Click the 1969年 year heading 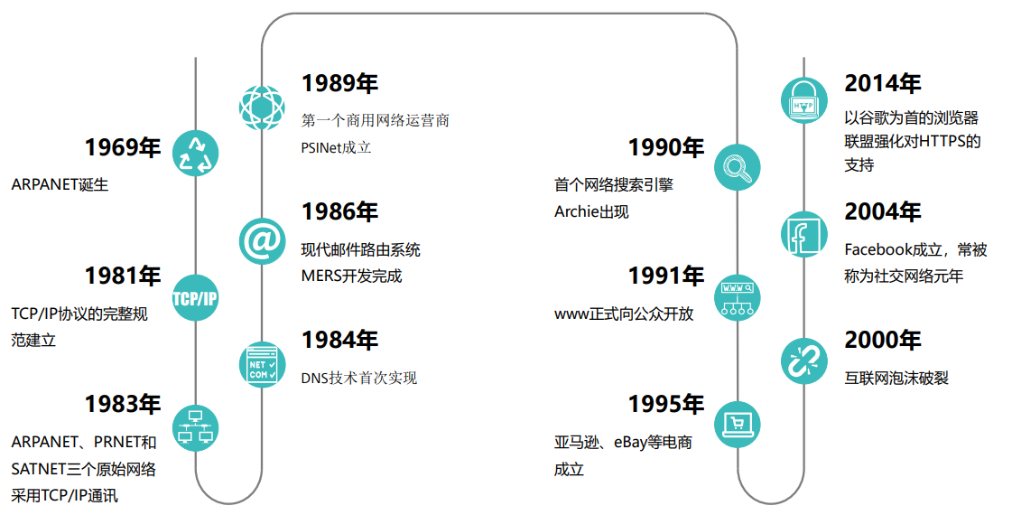[123, 148]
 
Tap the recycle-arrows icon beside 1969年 [196, 153]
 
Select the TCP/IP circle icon [196, 298]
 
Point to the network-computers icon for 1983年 [196, 426]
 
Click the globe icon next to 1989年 [262, 107]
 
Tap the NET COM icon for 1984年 [262, 365]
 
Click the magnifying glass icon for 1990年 [738, 167]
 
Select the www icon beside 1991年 [738, 297]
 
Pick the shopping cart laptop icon [738, 423]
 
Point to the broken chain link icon [803, 360]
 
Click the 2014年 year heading [882, 84]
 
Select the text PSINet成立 [336, 147]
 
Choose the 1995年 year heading [666, 404]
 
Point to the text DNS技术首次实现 [359, 378]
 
